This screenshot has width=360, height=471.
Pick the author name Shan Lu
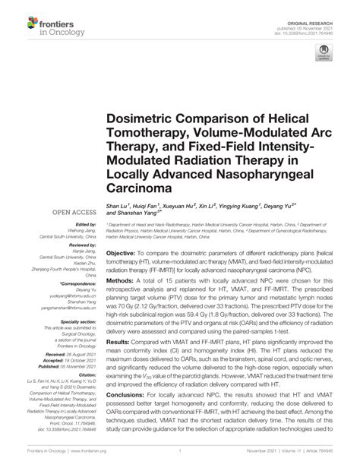click(x=119, y=206)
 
